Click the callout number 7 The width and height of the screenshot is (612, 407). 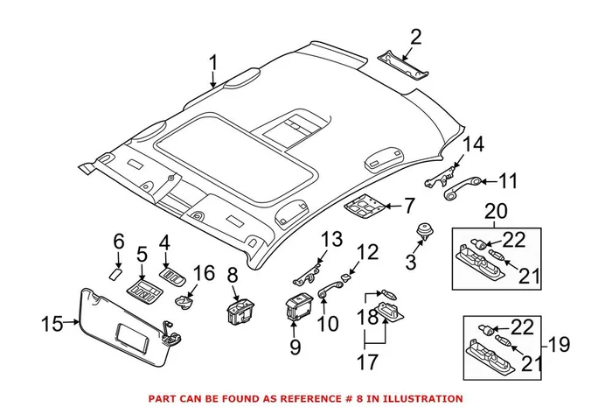[x=408, y=207]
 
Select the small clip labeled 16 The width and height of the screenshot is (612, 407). [x=184, y=303]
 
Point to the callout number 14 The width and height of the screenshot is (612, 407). [x=472, y=145]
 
